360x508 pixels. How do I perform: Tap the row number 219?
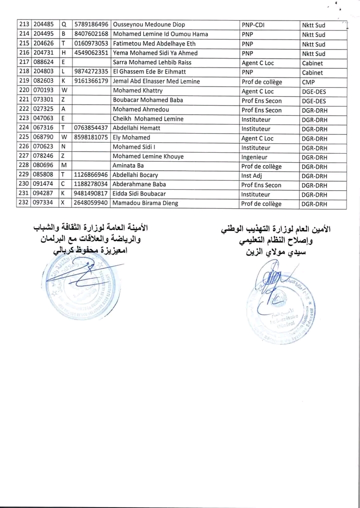[x=23, y=81]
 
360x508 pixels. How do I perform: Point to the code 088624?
[x=44, y=63]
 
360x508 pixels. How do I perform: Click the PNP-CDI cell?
[x=253, y=25]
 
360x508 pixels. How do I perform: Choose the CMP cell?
[x=308, y=82]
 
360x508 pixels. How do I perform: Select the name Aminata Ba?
[x=128, y=166]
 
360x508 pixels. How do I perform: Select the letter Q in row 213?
[x=63, y=25]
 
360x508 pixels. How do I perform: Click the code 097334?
[x=44, y=203]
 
